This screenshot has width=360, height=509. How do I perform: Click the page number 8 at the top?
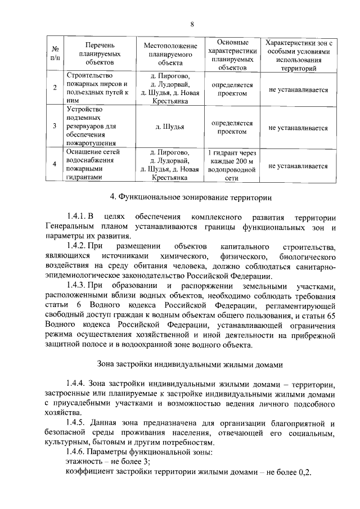(x=192, y=24)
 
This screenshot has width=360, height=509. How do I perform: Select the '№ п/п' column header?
(x=55, y=53)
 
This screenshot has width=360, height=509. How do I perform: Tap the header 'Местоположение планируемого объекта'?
(x=170, y=53)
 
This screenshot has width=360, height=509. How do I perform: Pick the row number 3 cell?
(x=55, y=127)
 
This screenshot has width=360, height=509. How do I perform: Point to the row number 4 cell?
(x=55, y=164)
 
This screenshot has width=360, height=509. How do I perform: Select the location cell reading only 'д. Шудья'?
(x=170, y=127)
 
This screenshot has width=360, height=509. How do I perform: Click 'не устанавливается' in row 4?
(x=298, y=166)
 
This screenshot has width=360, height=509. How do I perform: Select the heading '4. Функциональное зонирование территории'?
(x=191, y=197)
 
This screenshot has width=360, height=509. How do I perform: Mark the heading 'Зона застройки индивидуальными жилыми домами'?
(x=191, y=364)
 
